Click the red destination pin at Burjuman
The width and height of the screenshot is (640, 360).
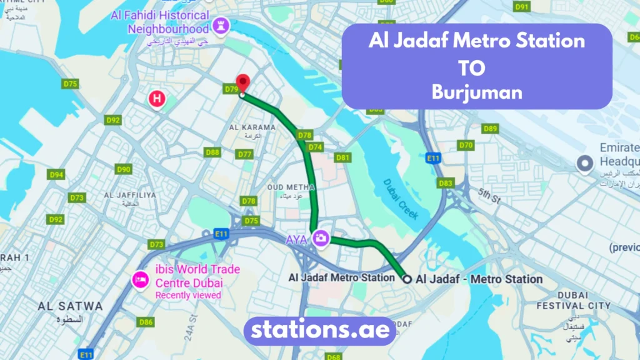point(242,83)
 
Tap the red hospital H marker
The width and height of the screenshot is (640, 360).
point(157,98)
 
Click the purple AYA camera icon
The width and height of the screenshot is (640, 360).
point(321,238)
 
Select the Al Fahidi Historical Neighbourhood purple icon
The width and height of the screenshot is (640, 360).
point(220,25)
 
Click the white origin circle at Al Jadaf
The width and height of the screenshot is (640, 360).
point(407,279)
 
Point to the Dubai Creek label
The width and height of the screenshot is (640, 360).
point(400,197)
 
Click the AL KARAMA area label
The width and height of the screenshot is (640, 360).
point(252,127)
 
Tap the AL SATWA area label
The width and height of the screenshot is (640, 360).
point(70,306)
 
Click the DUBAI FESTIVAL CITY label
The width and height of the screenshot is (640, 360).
point(573,301)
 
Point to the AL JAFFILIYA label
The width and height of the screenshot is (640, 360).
point(130,195)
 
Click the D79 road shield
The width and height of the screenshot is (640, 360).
point(231,89)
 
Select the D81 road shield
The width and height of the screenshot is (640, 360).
point(342,157)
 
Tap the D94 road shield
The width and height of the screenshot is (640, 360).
point(56,175)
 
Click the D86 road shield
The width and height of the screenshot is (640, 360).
point(146,322)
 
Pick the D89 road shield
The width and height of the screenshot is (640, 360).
point(490,129)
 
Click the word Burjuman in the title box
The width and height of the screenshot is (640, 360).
point(476,92)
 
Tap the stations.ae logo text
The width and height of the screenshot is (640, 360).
point(320,329)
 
